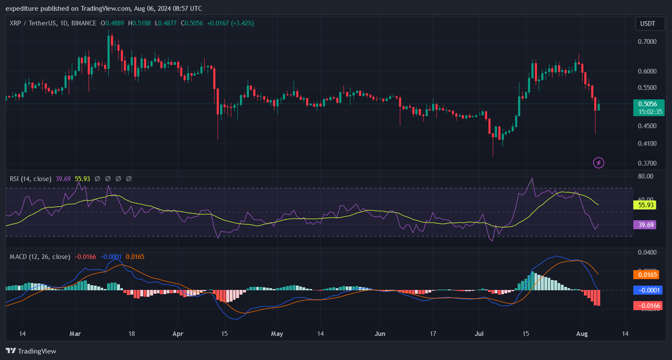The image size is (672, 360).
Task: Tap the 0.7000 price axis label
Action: pos(647,42)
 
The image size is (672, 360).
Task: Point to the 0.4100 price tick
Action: pos(647,143)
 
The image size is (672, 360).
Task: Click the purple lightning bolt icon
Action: pos(598,163)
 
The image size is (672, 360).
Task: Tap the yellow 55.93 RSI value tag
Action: pos(645,205)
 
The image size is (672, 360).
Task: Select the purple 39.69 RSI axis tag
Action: pos(644,225)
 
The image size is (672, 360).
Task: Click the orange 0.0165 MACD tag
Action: pos(646,274)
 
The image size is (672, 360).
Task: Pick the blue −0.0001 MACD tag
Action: pos(648,290)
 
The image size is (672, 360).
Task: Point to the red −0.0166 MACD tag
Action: pos(648,306)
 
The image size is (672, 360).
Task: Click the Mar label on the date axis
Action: pos(75,333)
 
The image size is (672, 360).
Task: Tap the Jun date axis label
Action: pos(380,333)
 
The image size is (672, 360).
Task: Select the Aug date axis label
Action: pos(582,333)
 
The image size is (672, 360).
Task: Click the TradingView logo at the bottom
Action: pos(31,351)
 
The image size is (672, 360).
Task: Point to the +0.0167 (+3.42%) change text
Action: pos(230,23)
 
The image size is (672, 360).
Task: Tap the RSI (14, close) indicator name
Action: pos(31,178)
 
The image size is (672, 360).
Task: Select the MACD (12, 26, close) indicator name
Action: pos(40,257)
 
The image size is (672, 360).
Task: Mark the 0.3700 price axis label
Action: pos(647,163)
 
